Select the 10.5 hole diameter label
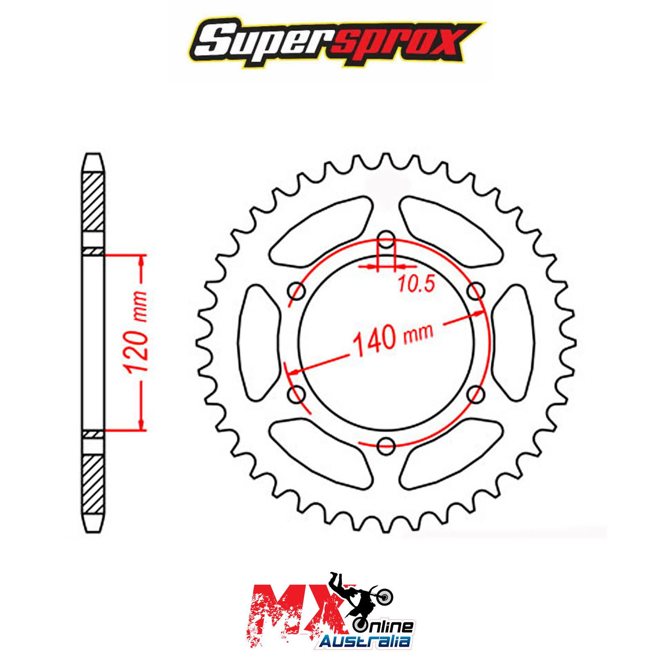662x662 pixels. click(x=416, y=284)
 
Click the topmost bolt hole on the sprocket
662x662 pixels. click(x=386, y=239)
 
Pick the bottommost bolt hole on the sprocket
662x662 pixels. click(x=386, y=445)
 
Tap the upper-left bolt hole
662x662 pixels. click(x=297, y=290)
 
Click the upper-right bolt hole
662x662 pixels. click(x=476, y=290)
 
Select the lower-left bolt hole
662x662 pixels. click(x=297, y=394)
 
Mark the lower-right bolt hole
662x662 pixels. click(x=476, y=394)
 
